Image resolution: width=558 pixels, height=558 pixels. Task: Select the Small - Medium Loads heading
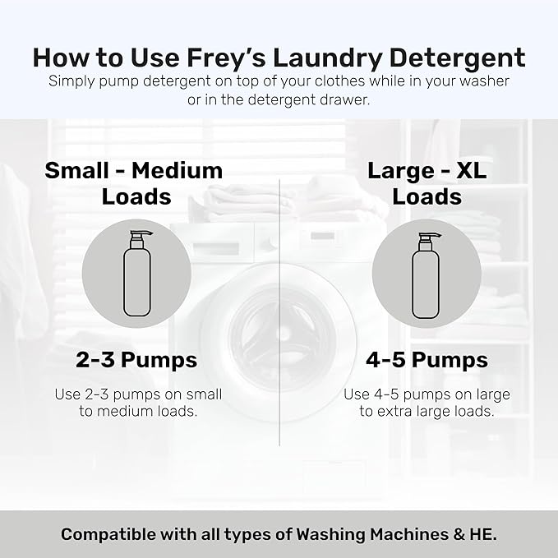pyautogui.click(x=134, y=183)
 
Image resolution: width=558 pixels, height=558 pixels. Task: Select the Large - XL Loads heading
pyautogui.click(x=427, y=183)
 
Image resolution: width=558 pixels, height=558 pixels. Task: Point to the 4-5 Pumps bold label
pyautogui.click(x=427, y=360)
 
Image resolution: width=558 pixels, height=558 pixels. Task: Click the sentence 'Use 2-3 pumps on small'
pyautogui.click(x=139, y=394)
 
